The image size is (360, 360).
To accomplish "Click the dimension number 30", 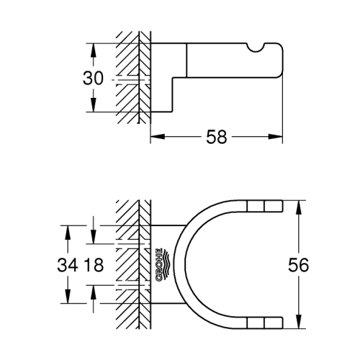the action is point(93,78).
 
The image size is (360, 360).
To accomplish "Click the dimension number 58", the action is point(217,137).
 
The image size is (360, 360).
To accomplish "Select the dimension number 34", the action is point(68,265).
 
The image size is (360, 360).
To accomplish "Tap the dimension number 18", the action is point(94,265).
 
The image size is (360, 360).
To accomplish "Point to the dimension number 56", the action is point(299,265).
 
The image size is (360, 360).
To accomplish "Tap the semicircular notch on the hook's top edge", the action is point(255,48).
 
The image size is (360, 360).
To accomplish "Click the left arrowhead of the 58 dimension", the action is point(158,137).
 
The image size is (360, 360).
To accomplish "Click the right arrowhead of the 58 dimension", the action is point(275,137).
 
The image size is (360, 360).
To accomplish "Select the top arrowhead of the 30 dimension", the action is point(93,50).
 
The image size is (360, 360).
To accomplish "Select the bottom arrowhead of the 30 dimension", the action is point(93,104).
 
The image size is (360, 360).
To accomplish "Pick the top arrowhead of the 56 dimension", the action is point(299,207).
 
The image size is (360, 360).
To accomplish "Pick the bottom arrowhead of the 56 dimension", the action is point(299,322).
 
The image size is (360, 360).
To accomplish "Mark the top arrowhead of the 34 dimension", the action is point(68,233).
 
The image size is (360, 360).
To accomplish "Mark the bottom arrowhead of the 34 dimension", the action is point(68,296).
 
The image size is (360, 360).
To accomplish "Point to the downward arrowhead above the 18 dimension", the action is point(93,237).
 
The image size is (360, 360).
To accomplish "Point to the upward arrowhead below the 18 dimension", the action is point(93,293).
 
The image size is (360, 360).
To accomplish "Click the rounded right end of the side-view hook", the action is point(283,60).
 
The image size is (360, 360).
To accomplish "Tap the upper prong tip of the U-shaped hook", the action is point(283,206).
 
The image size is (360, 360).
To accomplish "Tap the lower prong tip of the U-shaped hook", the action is point(283,323).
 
